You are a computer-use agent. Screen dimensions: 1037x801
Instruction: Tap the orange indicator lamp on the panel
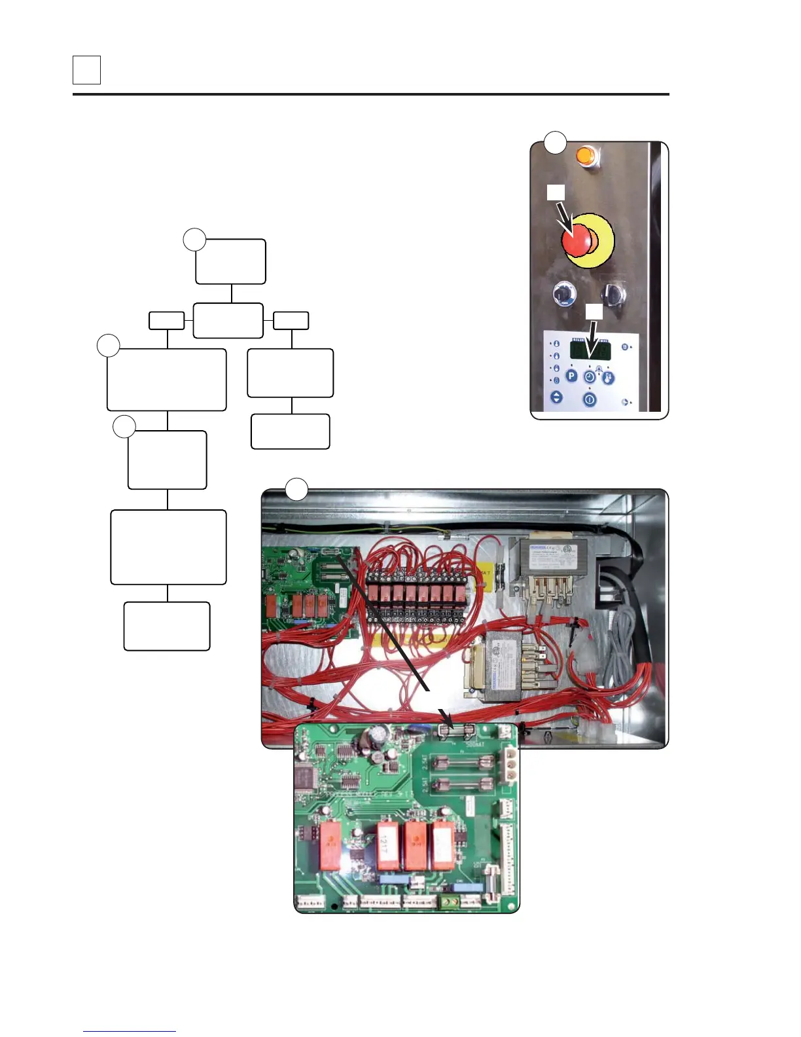pos(587,156)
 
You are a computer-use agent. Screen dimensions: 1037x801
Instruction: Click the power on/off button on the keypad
pos(590,399)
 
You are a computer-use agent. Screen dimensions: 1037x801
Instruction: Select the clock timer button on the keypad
pos(590,378)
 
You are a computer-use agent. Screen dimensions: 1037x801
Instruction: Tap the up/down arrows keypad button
pos(556,397)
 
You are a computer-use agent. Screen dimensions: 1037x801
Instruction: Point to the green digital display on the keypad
pos(590,351)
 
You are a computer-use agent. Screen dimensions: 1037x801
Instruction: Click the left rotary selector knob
pos(562,294)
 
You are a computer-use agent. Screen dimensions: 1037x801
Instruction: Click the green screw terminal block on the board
pos(450,902)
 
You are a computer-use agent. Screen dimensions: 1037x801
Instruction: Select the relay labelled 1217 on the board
pos(387,846)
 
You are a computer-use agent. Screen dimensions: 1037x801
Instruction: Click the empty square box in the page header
pos(86,70)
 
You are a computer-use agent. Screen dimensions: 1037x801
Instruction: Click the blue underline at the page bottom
pos(130,1031)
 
